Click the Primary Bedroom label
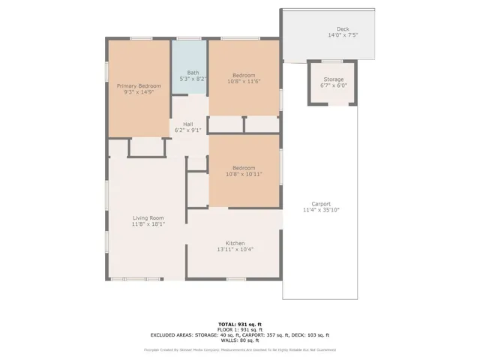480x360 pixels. pyautogui.click(x=139, y=86)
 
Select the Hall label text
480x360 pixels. pyautogui.click(x=187, y=124)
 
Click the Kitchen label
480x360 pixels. pyautogui.click(x=235, y=243)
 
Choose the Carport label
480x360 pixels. pyautogui.click(x=321, y=204)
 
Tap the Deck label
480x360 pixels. pyautogui.click(x=343, y=28)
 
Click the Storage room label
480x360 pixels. pyautogui.click(x=334, y=79)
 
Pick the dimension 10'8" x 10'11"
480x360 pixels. pyautogui.click(x=244, y=173)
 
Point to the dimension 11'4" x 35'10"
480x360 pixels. pyautogui.click(x=321, y=210)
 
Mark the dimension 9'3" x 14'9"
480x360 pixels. pyautogui.click(x=139, y=92)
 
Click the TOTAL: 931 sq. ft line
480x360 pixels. pyautogui.click(x=239, y=324)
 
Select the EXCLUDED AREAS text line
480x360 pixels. pyautogui.click(x=239, y=334)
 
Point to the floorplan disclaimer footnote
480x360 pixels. pyautogui.click(x=239, y=349)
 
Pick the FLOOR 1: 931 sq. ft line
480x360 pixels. pyautogui.click(x=239, y=329)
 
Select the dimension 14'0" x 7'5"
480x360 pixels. pyautogui.click(x=343, y=34)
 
